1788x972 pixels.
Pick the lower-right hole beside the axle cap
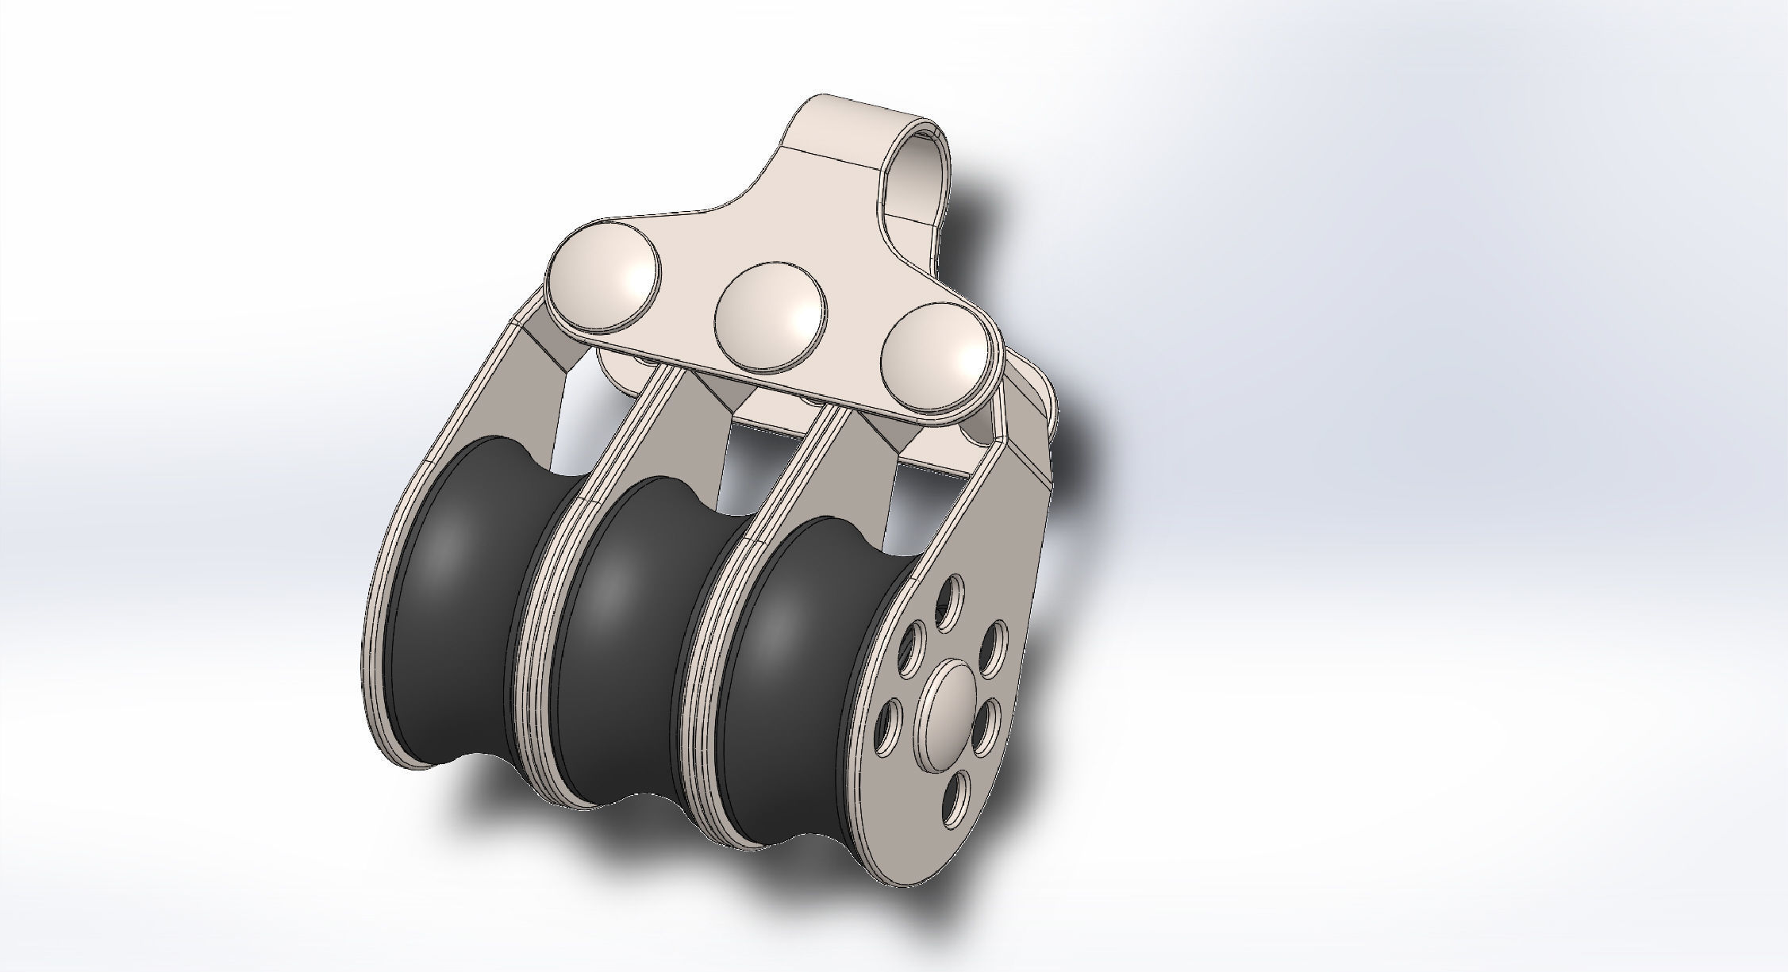click(x=987, y=728)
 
